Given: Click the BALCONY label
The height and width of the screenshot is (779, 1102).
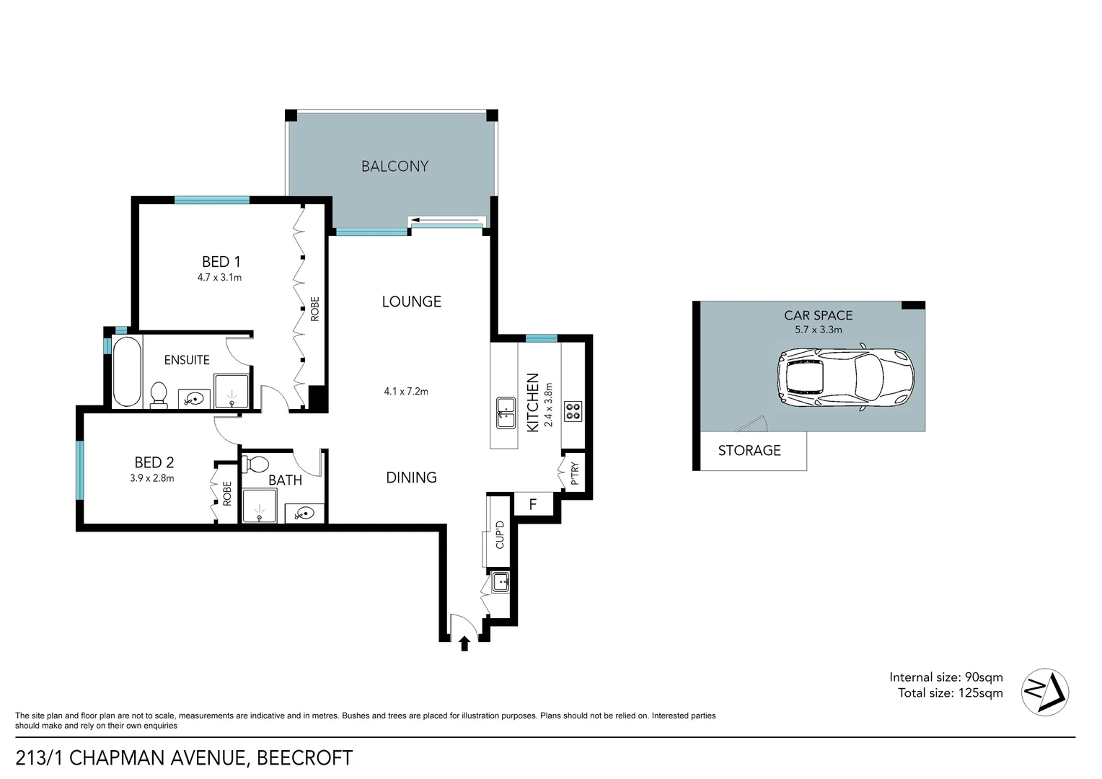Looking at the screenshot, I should [394, 167].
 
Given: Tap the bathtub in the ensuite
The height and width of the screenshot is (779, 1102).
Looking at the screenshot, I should [127, 371].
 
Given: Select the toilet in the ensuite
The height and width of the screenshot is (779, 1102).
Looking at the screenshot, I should [159, 395].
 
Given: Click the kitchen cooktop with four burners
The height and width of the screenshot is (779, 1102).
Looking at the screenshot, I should [573, 411].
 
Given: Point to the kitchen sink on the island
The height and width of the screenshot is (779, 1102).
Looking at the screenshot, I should [505, 412].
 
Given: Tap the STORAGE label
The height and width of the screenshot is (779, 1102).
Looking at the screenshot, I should [749, 451].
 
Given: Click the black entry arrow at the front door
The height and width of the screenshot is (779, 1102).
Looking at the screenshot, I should [464, 643].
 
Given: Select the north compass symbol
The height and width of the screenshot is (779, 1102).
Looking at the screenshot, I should [1045, 692].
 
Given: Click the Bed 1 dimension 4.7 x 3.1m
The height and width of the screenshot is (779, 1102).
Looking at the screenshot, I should [219, 278].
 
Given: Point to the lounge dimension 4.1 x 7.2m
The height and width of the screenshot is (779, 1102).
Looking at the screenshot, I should [406, 392].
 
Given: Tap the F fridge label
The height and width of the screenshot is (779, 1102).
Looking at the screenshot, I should [533, 504].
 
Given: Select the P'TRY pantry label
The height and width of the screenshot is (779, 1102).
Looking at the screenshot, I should [575, 473].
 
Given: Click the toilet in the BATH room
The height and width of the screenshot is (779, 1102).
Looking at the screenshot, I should [257, 464].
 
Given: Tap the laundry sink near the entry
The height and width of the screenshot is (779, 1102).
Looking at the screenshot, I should [501, 581].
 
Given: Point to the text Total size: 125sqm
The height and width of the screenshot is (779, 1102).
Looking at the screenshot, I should [950, 693].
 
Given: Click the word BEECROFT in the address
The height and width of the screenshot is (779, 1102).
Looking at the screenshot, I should [305, 759].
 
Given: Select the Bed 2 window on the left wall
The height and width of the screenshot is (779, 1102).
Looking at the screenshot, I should [79, 470].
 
